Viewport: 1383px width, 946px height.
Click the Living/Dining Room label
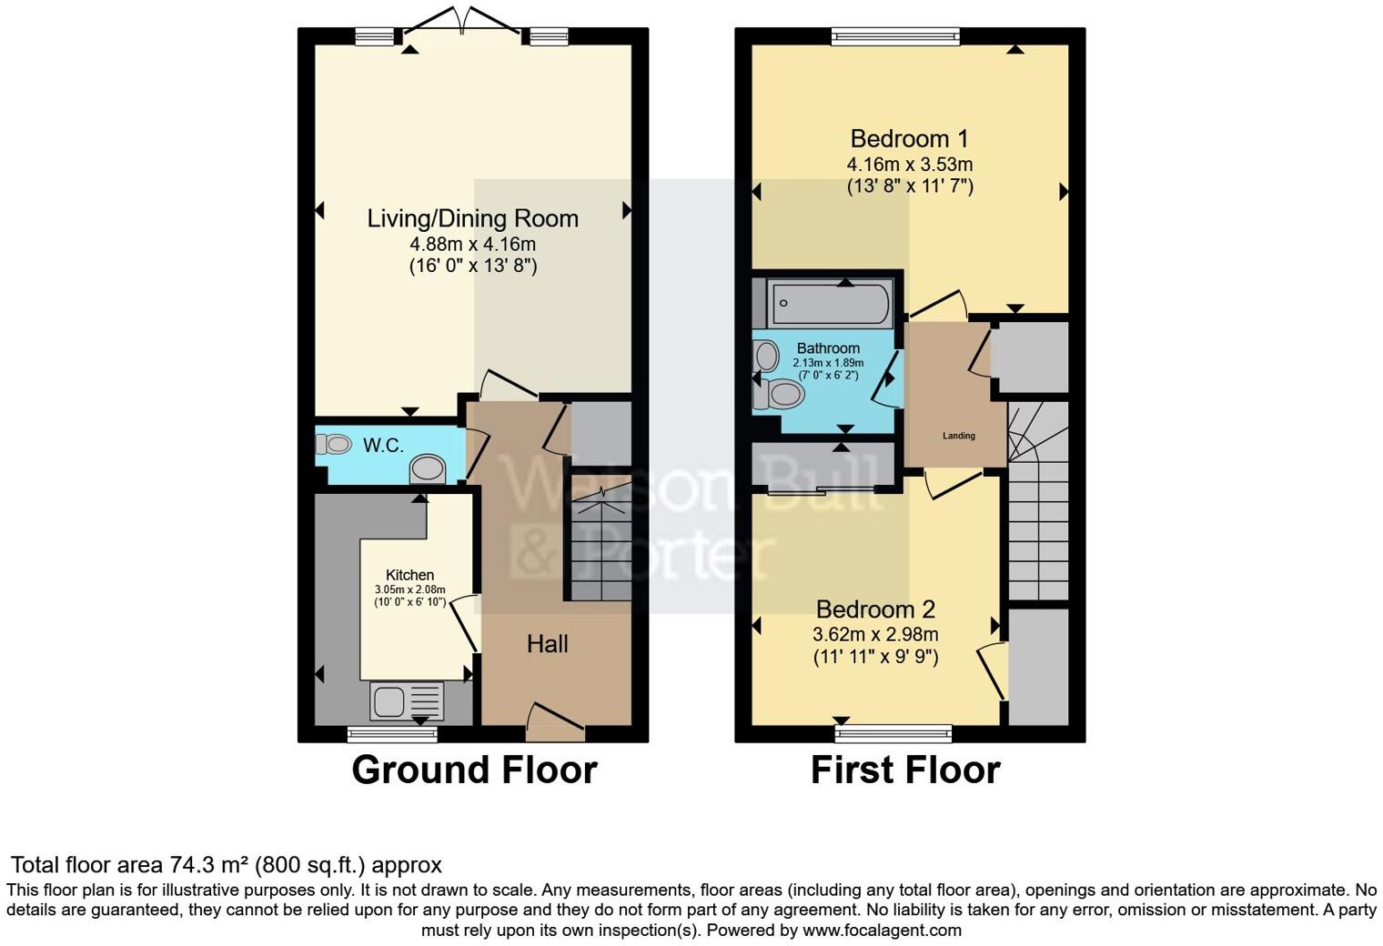[473, 218]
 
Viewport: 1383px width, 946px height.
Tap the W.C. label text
[383, 445]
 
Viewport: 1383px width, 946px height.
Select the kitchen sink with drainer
[407, 701]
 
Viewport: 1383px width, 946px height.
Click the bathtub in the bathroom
[831, 303]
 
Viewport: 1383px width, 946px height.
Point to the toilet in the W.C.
[333, 444]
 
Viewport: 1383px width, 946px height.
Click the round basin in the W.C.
[428, 469]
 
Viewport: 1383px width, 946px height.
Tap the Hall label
[547, 644]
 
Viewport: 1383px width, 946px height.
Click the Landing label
[959, 436]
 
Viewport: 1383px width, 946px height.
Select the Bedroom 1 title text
[909, 139]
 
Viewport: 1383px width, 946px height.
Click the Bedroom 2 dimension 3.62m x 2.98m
[875, 634]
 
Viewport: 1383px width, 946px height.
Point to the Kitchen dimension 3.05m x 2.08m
[410, 589]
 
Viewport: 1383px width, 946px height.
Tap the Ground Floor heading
[474, 770]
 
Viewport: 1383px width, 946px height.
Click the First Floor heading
[905, 770]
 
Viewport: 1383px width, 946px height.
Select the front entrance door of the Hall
[556, 722]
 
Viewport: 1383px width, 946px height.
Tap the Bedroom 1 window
[895, 36]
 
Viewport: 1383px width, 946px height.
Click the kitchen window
[392, 734]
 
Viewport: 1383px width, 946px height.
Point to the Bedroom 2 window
[893, 733]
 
